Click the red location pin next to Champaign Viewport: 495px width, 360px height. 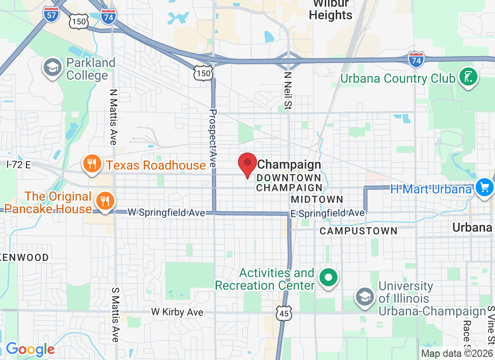(x=247, y=164)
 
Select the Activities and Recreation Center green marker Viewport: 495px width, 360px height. (x=328, y=278)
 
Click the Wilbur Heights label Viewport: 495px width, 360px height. (x=333, y=10)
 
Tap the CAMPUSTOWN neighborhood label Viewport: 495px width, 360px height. (x=358, y=231)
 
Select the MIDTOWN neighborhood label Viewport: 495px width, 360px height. (x=317, y=199)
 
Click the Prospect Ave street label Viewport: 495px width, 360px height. (x=213, y=139)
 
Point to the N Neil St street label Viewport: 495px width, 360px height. (x=288, y=92)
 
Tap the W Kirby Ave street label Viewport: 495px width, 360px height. (x=177, y=311)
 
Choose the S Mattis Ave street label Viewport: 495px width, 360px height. (x=115, y=314)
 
